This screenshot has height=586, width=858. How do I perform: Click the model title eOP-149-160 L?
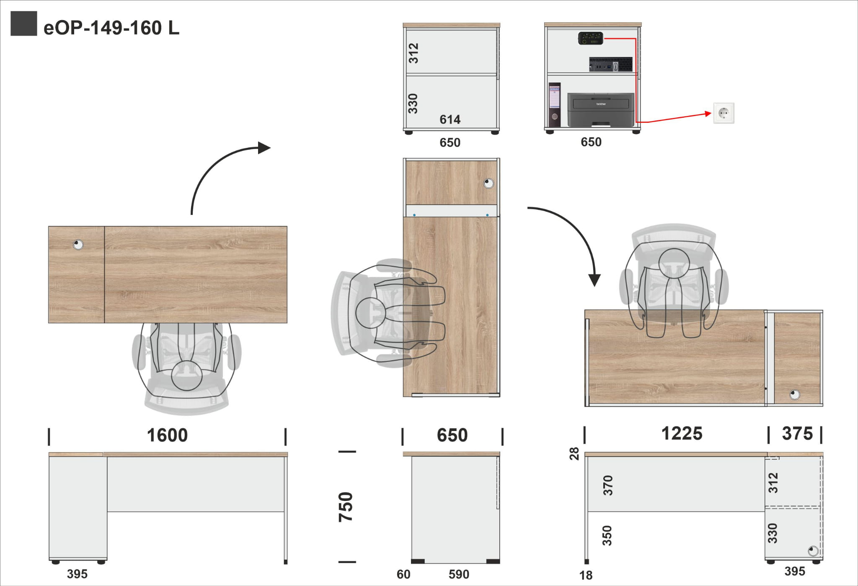click(x=111, y=28)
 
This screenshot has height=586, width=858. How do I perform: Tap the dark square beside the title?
click(x=24, y=23)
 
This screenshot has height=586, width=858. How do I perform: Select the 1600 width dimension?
click(x=167, y=435)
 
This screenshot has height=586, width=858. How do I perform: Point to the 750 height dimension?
click(x=346, y=507)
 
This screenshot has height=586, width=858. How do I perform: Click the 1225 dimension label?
click(x=682, y=434)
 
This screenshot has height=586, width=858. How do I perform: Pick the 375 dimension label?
click(x=797, y=434)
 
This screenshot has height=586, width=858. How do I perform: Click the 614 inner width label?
click(x=450, y=120)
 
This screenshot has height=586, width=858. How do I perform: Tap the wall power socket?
click(x=724, y=113)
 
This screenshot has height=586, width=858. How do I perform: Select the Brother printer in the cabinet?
click(x=601, y=109)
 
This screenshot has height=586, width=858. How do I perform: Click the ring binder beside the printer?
click(x=554, y=104)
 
